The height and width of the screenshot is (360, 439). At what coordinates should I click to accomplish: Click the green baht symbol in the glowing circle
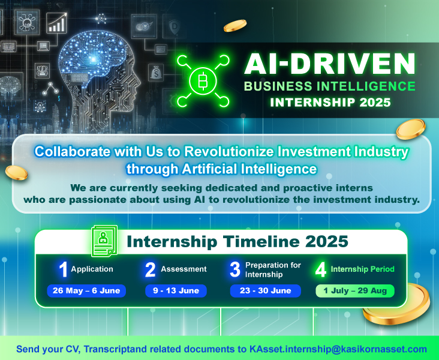[x=203, y=81]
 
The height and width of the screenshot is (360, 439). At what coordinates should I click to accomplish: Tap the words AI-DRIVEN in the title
[x=329, y=64]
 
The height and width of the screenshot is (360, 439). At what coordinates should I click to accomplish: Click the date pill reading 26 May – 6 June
[x=86, y=290]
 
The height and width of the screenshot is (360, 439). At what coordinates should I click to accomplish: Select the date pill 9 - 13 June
[x=176, y=290]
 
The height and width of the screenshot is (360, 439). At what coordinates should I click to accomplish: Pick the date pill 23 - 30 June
[x=266, y=290]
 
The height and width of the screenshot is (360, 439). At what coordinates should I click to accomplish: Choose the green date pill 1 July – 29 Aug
[x=355, y=290]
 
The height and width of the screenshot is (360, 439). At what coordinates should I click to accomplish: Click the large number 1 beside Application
[x=64, y=269]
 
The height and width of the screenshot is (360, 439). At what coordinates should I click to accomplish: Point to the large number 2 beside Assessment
[x=150, y=269]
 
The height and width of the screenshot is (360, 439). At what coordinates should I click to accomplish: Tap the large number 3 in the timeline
[x=235, y=269]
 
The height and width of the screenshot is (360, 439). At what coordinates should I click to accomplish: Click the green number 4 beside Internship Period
[x=321, y=269]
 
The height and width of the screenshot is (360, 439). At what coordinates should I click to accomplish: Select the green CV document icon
[x=104, y=241]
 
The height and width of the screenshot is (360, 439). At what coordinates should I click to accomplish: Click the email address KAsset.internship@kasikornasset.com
[x=338, y=349]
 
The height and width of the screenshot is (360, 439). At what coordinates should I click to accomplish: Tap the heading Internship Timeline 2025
[x=237, y=241]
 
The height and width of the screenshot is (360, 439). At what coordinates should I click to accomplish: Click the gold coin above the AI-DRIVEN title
[x=235, y=25]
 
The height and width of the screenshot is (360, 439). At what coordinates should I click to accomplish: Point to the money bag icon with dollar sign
[x=156, y=73]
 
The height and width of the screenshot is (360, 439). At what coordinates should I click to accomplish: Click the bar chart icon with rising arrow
[x=57, y=23]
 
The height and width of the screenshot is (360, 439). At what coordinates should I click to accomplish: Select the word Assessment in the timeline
[x=184, y=269]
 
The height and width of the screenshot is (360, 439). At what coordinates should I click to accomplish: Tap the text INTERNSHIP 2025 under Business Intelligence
[x=330, y=103]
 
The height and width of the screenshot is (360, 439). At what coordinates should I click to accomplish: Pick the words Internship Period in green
[x=363, y=269]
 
